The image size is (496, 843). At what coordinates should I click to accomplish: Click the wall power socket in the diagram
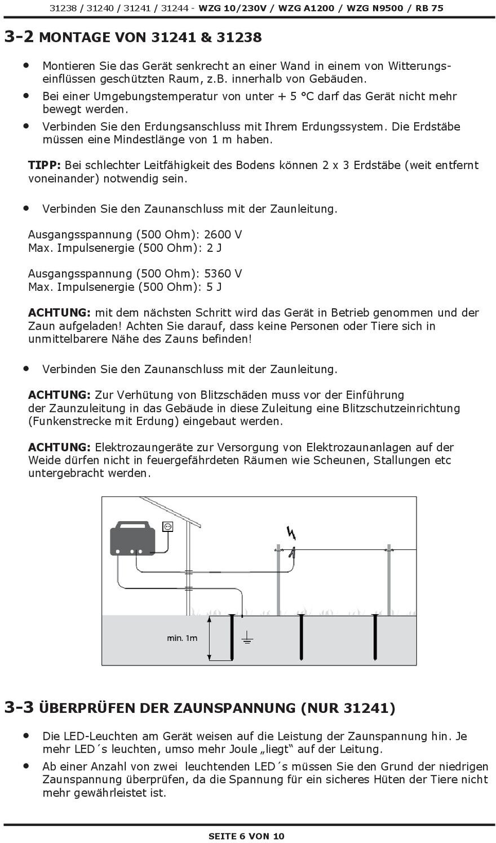(x=167, y=527)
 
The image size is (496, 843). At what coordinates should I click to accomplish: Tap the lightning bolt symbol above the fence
(x=291, y=533)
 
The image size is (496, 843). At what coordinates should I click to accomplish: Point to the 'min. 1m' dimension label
(x=182, y=638)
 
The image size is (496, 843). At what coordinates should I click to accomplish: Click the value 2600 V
(x=223, y=234)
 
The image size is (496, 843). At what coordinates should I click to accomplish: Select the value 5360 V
(x=223, y=274)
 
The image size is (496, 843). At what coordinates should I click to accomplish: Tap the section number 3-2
(x=19, y=37)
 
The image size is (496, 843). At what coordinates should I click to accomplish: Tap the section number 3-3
(x=19, y=707)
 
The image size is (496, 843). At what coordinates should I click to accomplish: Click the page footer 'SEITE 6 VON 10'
(x=246, y=836)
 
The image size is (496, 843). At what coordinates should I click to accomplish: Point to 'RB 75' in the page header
(x=429, y=8)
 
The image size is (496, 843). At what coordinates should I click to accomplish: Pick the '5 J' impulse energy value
(x=214, y=287)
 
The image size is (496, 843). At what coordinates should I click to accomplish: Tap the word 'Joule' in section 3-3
(x=255, y=749)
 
